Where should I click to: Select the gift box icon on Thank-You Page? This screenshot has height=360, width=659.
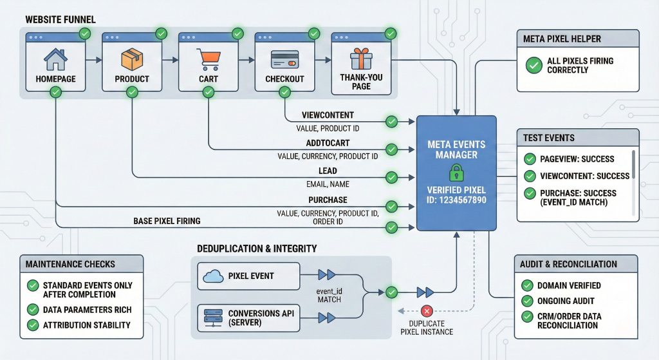point(361,60)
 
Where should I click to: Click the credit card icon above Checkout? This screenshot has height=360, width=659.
point(284,60)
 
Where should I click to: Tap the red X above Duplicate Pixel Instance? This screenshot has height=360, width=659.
point(425,311)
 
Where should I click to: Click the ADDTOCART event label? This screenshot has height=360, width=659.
point(328,144)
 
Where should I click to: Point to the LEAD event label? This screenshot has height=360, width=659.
point(328,171)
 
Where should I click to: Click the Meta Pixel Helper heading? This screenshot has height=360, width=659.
point(562,39)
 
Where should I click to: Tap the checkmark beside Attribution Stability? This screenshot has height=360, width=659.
point(32,325)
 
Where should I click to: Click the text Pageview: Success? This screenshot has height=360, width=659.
point(577,159)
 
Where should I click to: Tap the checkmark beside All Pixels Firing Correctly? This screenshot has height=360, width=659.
point(534,65)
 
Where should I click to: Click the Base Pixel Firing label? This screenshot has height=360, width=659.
point(167,221)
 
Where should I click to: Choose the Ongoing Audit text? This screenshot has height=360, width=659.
point(566,301)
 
